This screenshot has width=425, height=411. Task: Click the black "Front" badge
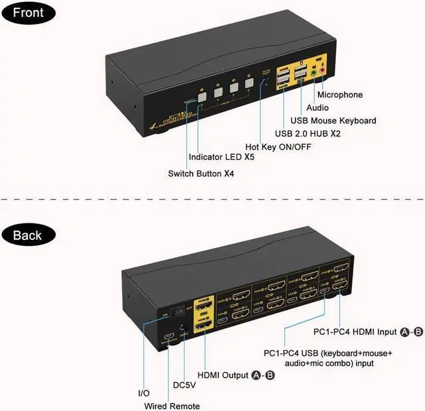[28, 13]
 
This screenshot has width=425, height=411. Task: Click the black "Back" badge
[28, 235]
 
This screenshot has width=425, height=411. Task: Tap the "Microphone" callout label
[354, 95]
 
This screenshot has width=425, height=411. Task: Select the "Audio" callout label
[317, 107]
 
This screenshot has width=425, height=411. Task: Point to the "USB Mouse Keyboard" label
[333, 121]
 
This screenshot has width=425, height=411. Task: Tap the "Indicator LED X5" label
[222, 158]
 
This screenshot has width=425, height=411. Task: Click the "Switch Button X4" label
[201, 174]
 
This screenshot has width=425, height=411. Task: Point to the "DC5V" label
[186, 384]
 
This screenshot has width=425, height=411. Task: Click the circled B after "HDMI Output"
[270, 376]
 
